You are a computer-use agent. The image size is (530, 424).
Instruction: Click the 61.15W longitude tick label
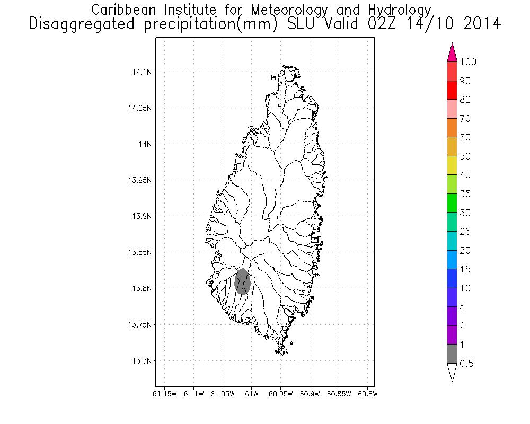(x=164, y=394)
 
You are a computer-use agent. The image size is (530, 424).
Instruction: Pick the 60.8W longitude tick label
(x=368, y=394)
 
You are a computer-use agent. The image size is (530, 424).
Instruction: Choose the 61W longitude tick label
(x=252, y=394)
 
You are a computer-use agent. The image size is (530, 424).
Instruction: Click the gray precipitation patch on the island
(x=242, y=281)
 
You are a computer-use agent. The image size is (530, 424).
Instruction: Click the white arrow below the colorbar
(x=452, y=372)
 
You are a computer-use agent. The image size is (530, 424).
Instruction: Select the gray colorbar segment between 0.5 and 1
(x=452, y=354)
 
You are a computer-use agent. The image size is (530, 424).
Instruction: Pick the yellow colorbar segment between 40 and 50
(x=452, y=165)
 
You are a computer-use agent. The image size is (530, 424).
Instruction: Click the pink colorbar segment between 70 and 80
(x=452, y=109)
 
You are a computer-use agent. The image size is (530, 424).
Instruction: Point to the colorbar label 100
(x=469, y=62)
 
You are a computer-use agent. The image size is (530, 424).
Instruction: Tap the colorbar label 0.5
(x=467, y=364)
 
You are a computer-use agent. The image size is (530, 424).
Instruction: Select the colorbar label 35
(x=465, y=194)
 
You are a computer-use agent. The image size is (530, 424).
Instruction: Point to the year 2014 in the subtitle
(x=482, y=24)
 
